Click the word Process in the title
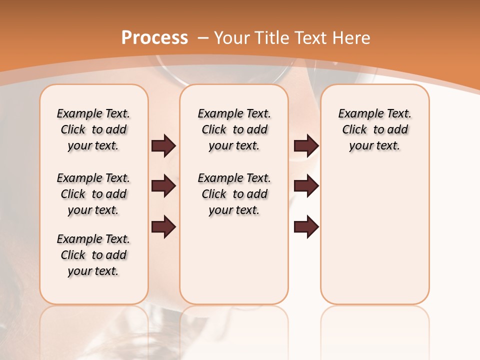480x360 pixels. pos(154,38)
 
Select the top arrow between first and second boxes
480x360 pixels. pos(163,145)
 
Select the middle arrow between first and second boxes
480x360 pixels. pos(163,186)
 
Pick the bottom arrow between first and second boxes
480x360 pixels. pos(163,227)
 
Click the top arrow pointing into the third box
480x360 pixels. pos(306,145)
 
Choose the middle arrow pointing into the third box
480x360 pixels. pos(306,186)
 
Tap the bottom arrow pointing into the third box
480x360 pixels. pos(306,227)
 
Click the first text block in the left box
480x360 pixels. pos(93,129)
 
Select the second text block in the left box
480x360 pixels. pos(93,194)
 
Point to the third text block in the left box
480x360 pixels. pos(93,255)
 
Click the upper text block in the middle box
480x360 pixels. pos(234,129)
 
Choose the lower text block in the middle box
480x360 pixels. pos(234,194)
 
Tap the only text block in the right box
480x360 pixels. pos(374,129)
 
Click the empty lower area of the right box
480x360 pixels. pos(374,235)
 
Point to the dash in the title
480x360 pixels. pos(203,38)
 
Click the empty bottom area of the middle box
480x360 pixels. pos(234,265)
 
